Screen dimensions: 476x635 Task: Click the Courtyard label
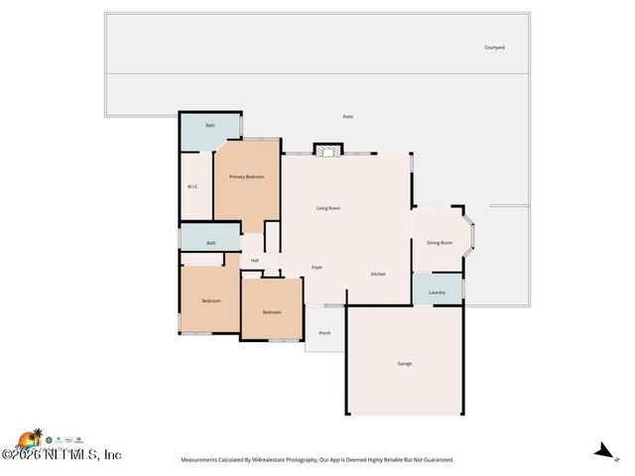click(x=494, y=48)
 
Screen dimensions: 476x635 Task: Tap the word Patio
click(x=348, y=117)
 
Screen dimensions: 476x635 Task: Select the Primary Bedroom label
click(x=246, y=177)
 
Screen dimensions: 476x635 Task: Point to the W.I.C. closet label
click(x=193, y=186)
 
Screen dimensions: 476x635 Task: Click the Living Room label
click(x=328, y=208)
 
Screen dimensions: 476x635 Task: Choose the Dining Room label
click(x=440, y=243)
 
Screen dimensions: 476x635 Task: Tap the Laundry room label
click(x=437, y=293)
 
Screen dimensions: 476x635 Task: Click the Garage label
click(x=405, y=364)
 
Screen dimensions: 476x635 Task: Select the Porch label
click(x=324, y=333)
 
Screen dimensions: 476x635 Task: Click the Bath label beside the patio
click(x=210, y=126)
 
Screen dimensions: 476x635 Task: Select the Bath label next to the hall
click(x=211, y=243)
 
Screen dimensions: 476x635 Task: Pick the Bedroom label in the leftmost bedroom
click(x=211, y=301)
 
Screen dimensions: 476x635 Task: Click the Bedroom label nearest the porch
click(x=272, y=313)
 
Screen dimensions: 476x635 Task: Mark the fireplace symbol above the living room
click(x=327, y=150)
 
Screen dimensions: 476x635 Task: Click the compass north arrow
click(x=600, y=450)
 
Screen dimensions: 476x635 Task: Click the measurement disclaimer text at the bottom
click(x=317, y=460)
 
